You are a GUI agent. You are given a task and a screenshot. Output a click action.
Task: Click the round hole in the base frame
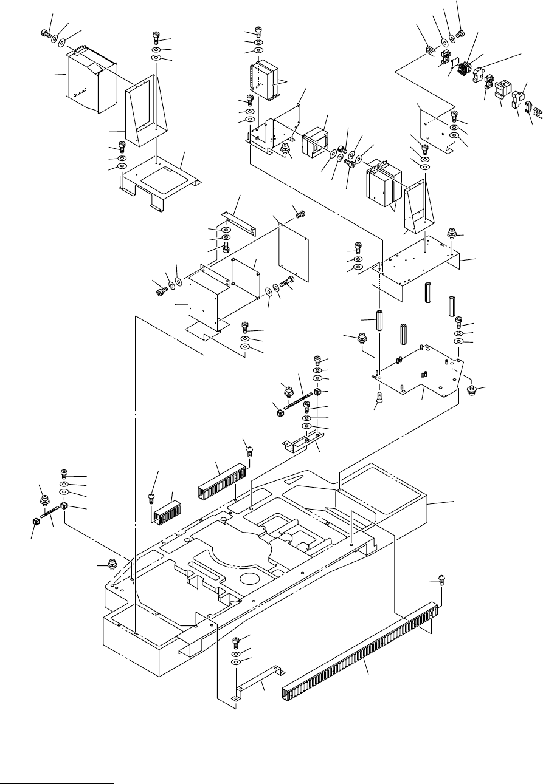tap(251, 579)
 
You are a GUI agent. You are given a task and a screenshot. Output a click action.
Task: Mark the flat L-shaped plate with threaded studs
tap(420, 370)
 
